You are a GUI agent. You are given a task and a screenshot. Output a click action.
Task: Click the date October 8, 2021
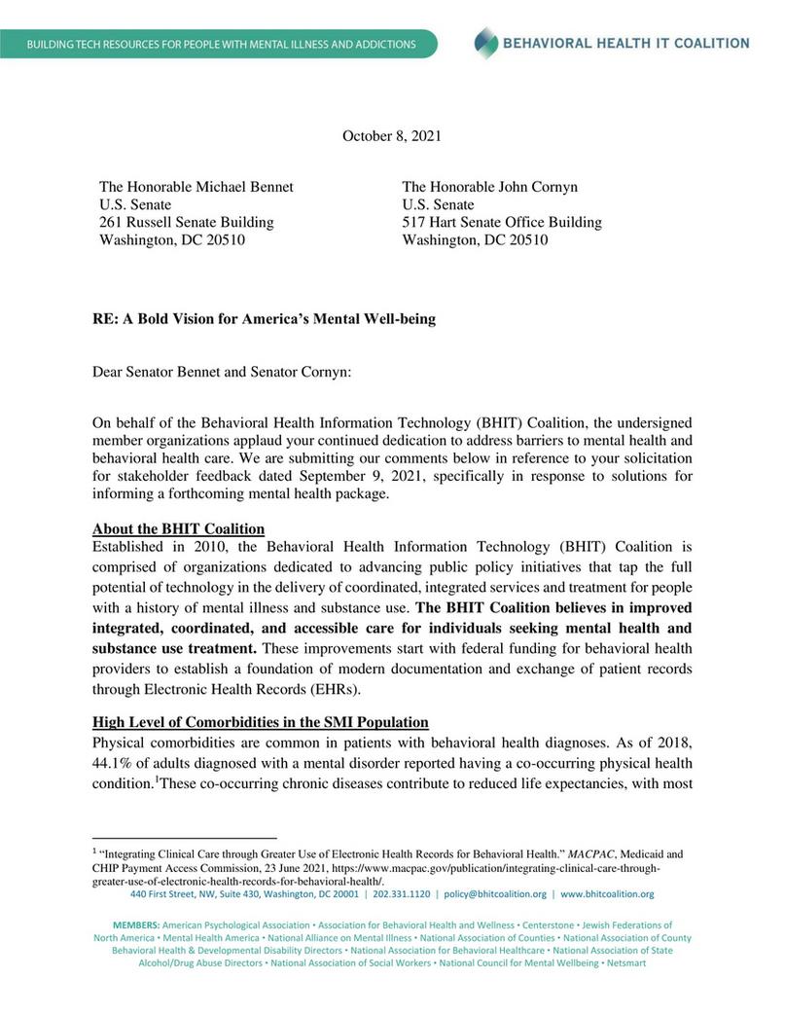tap(391, 136)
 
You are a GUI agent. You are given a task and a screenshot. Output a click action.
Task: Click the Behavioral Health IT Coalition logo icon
tap(485, 43)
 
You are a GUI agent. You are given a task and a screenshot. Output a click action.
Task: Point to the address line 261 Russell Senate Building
tap(187, 222)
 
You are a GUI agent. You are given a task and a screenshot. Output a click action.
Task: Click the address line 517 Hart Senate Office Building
tap(502, 222)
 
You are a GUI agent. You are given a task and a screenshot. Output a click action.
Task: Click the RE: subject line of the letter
tap(264, 318)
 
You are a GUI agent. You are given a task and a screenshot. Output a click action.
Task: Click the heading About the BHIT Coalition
tap(178, 528)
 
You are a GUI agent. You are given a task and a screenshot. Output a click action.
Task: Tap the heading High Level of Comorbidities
tap(259, 721)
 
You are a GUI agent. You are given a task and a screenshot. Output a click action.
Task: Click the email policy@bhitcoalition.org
tap(495, 893)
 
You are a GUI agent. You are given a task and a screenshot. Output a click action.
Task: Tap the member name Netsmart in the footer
tap(623, 961)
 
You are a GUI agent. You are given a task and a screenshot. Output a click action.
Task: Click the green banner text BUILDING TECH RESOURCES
tap(222, 45)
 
